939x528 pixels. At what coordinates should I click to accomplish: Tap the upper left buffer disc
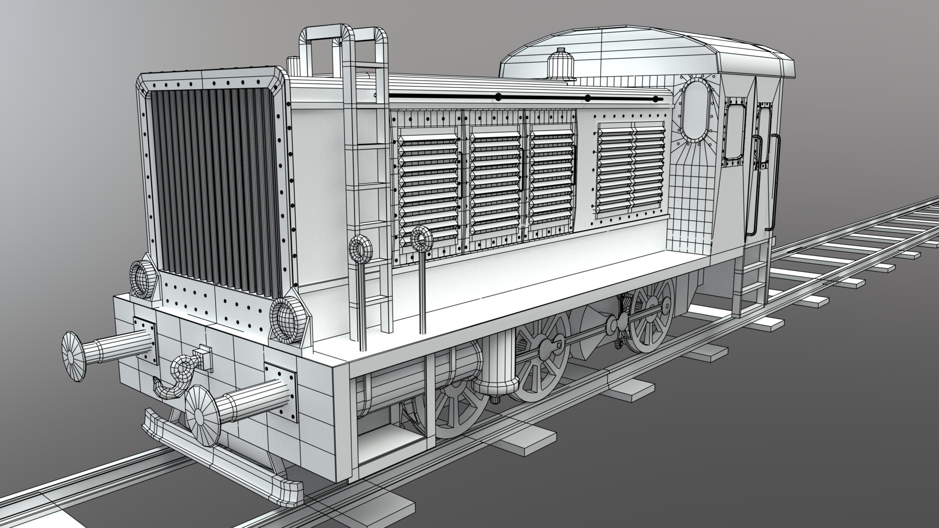pyautogui.click(x=73, y=355)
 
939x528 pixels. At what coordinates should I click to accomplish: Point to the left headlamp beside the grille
pyautogui.click(x=143, y=279)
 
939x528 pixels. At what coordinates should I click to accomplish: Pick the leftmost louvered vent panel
pyautogui.click(x=428, y=188)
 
